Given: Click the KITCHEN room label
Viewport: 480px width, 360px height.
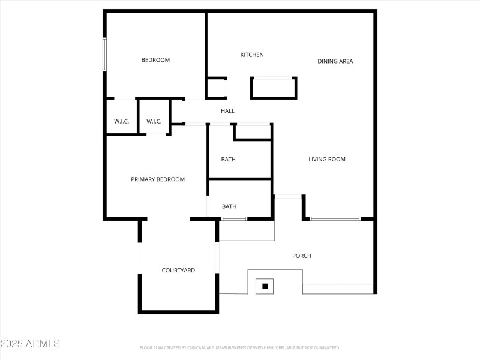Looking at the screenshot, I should pos(252,55).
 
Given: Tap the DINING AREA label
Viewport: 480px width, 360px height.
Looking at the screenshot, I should pos(335,61).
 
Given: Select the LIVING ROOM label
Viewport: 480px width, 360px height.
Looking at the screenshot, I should pos(327,160).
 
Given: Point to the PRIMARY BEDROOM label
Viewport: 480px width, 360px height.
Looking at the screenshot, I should pos(158,179).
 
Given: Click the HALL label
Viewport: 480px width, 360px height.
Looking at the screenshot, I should pos(227,111).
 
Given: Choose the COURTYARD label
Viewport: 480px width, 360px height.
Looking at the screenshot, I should pos(178,271).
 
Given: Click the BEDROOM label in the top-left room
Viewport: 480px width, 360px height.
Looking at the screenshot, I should pos(155,60).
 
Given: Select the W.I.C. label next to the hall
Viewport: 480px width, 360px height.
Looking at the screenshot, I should pos(154,122).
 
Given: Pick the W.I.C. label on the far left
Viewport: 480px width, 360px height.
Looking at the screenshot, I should pos(122,122).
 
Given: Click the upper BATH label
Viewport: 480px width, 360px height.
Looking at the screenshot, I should pos(228,160).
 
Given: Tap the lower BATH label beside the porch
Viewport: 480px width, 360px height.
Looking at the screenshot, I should pos(229,206).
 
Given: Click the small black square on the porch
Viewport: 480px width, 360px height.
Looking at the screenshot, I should pos(265,286).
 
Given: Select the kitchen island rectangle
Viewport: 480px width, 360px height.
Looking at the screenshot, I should pos(274,88).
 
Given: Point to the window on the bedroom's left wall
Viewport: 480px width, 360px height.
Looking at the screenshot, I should pos(104,55).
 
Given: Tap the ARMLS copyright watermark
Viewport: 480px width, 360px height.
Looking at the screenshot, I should pos(30,344).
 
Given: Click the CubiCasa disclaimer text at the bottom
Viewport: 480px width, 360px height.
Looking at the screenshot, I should pos(240,347).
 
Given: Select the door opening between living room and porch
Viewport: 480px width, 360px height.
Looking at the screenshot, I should pos(288,197).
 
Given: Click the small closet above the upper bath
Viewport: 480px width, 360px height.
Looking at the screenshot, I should pos(252,132).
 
